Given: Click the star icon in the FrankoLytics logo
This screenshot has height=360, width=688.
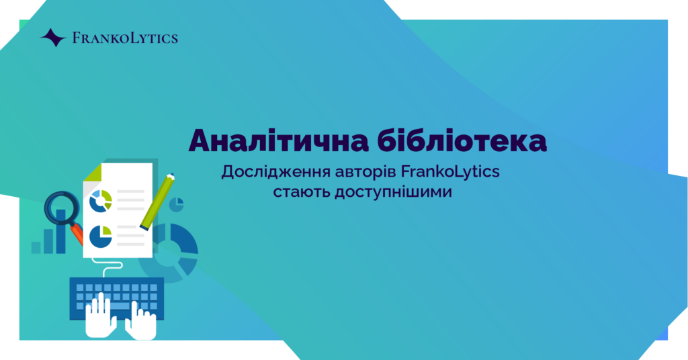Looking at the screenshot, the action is tap(54, 38).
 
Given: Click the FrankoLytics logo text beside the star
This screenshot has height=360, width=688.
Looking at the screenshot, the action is tap(125, 38).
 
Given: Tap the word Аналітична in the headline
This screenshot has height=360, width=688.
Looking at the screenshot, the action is tap(279, 140).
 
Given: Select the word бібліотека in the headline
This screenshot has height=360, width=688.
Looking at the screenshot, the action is tap(462, 140).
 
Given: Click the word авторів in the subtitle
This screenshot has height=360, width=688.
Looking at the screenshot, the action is tap(365, 172).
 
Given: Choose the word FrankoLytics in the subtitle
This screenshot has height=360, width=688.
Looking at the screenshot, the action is tap(450, 171).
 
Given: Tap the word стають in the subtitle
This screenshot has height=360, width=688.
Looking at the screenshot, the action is tap(302, 192).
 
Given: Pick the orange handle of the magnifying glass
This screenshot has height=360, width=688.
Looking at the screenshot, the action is tap(77, 234).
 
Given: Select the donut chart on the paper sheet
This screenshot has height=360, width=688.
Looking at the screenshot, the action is tap(101, 201).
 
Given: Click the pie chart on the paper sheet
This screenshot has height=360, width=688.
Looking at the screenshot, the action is tap(101, 237).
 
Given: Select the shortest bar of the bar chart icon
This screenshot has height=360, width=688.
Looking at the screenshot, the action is tap(36, 247).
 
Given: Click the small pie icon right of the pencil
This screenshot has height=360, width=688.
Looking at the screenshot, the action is tap(177, 204).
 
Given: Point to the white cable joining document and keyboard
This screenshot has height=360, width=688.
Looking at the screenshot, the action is tap(107, 266).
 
